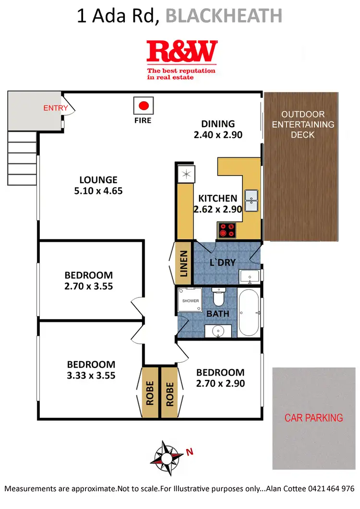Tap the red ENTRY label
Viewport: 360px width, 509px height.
click(x=56, y=108)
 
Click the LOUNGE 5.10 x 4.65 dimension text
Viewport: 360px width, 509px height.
click(x=98, y=185)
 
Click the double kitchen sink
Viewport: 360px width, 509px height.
click(x=252, y=201)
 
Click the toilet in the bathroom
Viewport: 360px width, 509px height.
click(x=219, y=297)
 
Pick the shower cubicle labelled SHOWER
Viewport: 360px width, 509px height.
click(x=190, y=301)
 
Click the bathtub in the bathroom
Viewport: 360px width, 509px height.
click(x=250, y=312)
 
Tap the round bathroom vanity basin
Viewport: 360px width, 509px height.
click(x=218, y=331)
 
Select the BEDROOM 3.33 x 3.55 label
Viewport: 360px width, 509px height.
click(x=91, y=369)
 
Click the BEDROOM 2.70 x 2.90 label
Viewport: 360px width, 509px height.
click(x=220, y=378)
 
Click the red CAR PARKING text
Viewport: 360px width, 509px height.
click(x=314, y=418)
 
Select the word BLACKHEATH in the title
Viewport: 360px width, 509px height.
click(x=223, y=16)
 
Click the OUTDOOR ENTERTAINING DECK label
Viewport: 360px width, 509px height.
click(x=303, y=125)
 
